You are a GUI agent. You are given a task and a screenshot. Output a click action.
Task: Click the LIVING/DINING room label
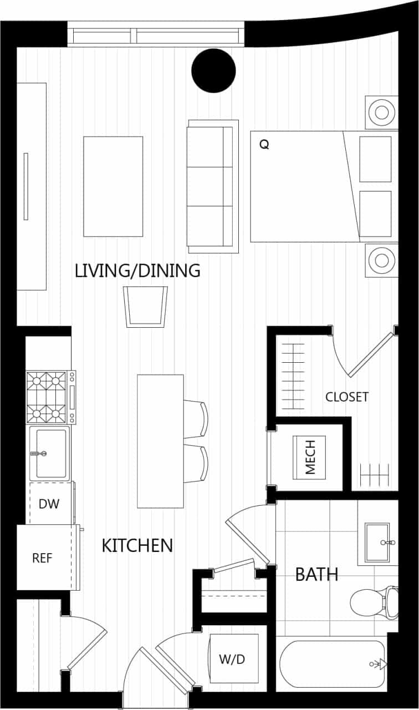pos(137,271)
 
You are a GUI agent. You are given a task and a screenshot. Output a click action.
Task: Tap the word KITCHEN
pos(137,545)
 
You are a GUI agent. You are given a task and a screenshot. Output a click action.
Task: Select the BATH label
pos(316,574)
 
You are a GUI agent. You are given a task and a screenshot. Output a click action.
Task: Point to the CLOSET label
pos(347,397)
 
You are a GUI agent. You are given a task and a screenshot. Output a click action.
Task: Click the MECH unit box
pos(310,457)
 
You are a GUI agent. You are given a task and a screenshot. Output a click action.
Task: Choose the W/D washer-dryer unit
pos(232,659)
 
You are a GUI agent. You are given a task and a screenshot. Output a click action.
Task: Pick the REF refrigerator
pos(43,557)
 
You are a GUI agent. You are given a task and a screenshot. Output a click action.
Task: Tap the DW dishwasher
pos(49,504)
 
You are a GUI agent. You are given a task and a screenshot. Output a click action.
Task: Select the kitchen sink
pos(49,453)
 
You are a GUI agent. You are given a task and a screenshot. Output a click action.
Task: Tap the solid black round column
pos(213,70)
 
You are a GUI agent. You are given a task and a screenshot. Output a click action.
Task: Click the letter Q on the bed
pos(264,145)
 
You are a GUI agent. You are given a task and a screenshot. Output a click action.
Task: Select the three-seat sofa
pos(213,186)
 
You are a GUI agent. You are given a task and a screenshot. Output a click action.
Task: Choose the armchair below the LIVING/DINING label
pos(146,306)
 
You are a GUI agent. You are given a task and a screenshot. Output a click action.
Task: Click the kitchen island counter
pos(160,441)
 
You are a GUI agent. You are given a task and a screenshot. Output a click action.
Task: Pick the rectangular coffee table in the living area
pos(113,186)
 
